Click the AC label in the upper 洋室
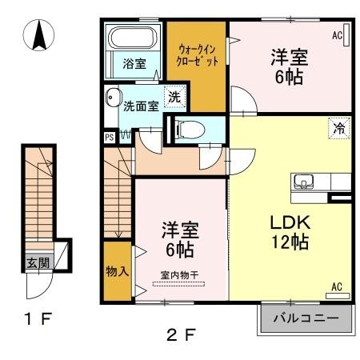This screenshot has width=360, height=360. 337,36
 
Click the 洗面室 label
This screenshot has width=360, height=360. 141,106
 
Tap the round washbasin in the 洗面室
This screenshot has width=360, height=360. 111,98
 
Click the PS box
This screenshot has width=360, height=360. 109,137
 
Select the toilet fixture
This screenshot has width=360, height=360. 186,126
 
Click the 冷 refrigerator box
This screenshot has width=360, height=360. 338,126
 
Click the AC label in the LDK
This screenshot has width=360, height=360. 337,286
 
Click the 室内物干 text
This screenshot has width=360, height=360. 179,276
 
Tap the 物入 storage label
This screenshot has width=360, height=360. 116,272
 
